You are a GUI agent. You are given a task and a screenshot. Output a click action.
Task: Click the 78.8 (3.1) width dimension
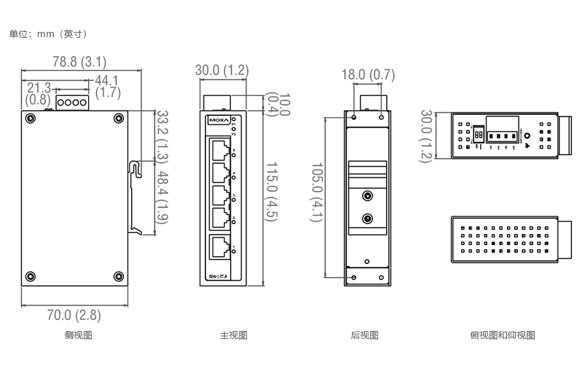[x=80, y=62]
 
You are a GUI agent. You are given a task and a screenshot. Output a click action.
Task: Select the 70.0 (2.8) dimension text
[x=74, y=315]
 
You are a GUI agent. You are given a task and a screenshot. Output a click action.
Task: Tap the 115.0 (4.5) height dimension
[x=271, y=192]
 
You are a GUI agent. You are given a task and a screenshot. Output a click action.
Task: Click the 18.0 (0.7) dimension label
[x=369, y=75]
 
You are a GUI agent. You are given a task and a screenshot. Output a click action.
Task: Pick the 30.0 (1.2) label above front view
[x=222, y=70]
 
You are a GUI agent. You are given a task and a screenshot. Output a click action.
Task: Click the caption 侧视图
[x=78, y=336]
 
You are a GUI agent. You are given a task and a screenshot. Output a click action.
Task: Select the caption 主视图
[x=233, y=336]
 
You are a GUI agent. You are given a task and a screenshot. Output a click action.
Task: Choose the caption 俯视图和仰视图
[x=503, y=336]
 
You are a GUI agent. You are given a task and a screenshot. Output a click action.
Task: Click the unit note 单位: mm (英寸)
[x=48, y=33]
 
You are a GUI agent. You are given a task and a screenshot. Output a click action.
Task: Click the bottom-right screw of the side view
[x=118, y=276]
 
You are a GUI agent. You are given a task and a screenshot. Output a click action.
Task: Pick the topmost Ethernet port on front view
[x=220, y=151]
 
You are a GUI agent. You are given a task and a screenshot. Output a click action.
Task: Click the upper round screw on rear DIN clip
[x=368, y=196]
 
